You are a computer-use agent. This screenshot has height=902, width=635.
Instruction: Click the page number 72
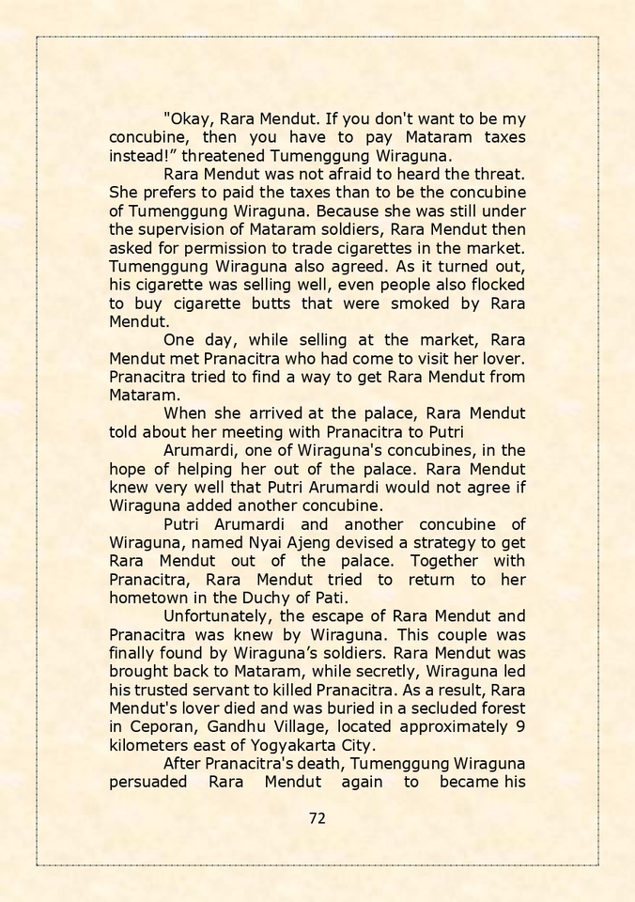tap(317, 817)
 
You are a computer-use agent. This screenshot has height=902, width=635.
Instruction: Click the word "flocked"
tap(492, 285)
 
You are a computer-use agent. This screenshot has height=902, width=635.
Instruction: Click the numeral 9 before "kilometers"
tap(519, 726)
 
